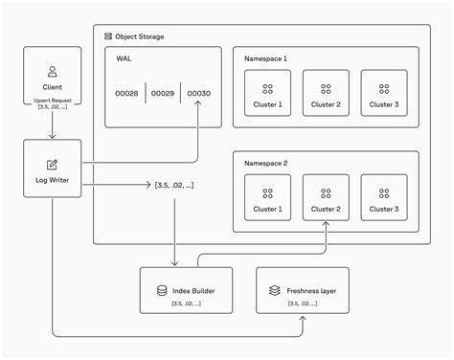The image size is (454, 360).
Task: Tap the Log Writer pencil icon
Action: point(53,164)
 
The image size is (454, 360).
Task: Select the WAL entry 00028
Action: point(127,93)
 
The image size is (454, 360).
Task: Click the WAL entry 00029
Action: point(163,93)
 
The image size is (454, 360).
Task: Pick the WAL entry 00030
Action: point(198,93)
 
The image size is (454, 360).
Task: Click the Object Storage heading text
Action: point(141,36)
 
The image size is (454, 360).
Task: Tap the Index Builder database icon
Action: point(162,288)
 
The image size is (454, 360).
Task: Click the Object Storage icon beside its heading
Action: point(108,36)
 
